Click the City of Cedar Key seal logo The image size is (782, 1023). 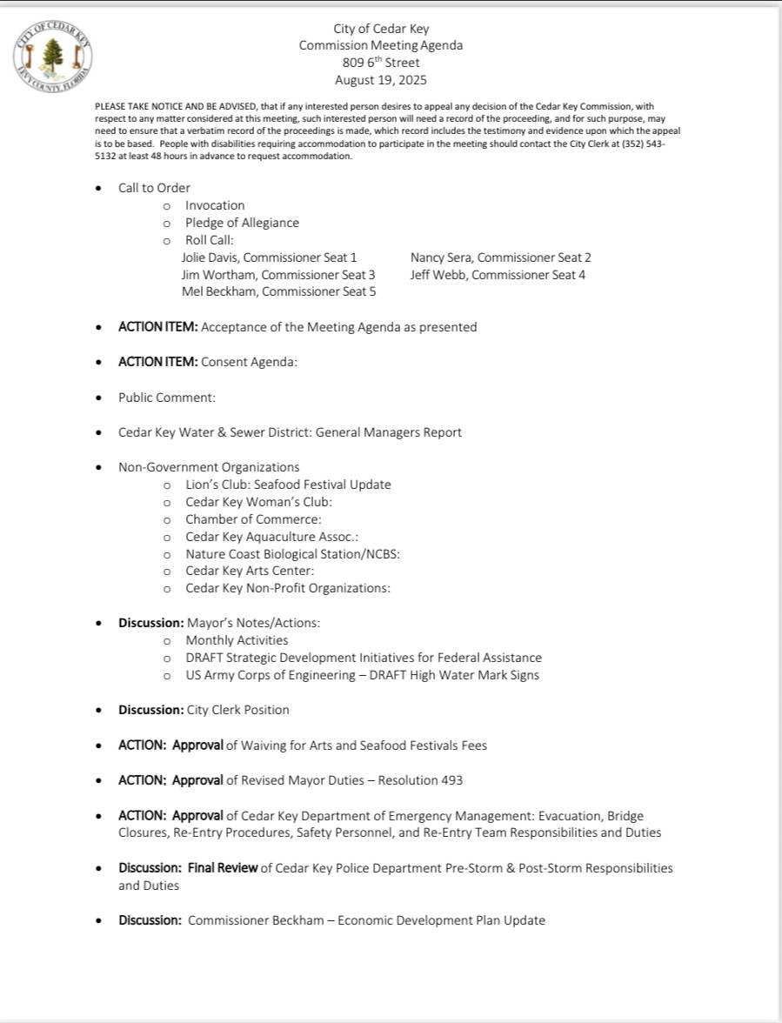click(54, 54)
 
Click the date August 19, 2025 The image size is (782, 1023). click(381, 80)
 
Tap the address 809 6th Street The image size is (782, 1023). click(381, 63)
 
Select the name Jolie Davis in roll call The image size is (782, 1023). click(208, 257)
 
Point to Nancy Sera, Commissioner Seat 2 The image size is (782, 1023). click(500, 257)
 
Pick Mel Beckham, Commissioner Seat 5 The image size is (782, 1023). click(278, 292)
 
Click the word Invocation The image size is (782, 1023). click(215, 205)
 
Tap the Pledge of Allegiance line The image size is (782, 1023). click(242, 223)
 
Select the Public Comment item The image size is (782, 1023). click(167, 398)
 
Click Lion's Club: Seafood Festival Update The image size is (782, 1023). click(288, 485)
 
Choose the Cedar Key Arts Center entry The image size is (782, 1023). click(250, 571)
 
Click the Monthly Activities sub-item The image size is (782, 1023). click(237, 640)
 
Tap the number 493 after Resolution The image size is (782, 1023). click(451, 780)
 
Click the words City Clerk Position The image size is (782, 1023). click(238, 710)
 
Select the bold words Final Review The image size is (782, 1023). click(223, 867)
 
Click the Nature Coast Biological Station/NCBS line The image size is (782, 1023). click(292, 553)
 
